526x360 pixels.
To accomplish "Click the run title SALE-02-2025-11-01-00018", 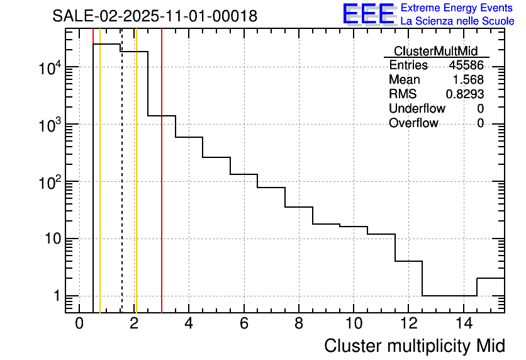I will [x=155, y=16].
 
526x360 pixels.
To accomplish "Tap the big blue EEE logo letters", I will [x=368, y=14].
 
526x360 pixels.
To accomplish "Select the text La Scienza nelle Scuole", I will [x=457, y=21].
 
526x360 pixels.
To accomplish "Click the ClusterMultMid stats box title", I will [x=435, y=51].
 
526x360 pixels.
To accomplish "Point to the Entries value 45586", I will [x=466, y=65].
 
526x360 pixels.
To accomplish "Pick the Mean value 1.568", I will [x=469, y=80].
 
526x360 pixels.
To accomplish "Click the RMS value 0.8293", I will [x=465, y=94].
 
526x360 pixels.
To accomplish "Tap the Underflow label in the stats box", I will [x=417, y=109].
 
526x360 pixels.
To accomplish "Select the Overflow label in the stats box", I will [x=413, y=123].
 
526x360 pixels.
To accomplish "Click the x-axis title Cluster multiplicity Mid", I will [x=414, y=346].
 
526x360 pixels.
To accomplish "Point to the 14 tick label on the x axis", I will [x=463, y=323].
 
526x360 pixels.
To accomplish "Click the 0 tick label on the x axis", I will [x=79, y=323].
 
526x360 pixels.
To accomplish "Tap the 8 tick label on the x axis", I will [x=299, y=323].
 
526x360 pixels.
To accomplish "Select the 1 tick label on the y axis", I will [x=57, y=296].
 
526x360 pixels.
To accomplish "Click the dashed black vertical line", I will [x=121, y=189].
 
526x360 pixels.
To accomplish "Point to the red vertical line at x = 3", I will [x=162, y=189].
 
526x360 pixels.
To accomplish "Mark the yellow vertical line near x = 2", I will [x=136, y=189].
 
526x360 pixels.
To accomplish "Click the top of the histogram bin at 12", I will [x=408, y=261].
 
